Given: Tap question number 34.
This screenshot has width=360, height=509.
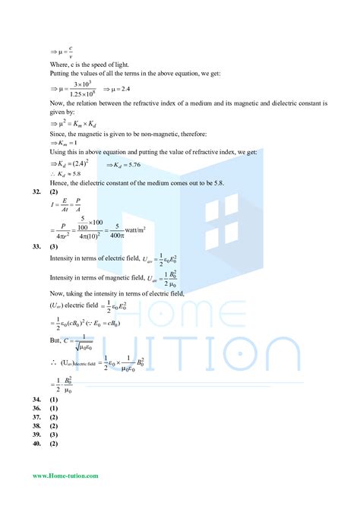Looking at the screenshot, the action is [36, 400].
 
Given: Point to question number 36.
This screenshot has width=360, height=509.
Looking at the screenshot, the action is [36, 408].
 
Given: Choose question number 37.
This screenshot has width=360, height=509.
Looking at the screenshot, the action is [36, 417].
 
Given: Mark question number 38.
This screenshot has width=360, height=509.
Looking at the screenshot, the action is [36, 426].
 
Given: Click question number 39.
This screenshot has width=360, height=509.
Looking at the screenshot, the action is [36, 435].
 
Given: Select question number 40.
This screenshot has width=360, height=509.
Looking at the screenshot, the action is [36, 444].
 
